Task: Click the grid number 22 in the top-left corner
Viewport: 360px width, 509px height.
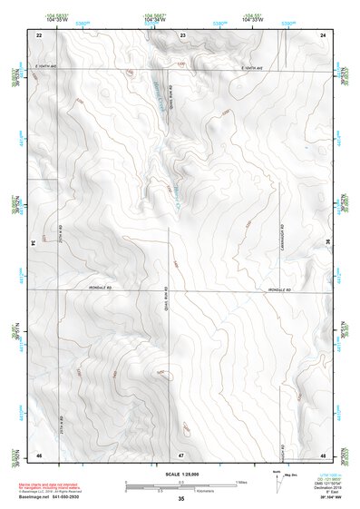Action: click(39, 34)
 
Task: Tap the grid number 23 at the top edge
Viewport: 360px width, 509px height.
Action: click(182, 34)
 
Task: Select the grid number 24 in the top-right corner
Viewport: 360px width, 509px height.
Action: click(324, 34)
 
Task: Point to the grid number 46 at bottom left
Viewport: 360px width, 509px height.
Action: click(39, 453)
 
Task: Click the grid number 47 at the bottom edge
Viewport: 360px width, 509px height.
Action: click(181, 453)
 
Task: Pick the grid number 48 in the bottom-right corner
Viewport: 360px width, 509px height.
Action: click(324, 453)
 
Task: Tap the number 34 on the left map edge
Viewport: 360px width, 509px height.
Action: click(34, 243)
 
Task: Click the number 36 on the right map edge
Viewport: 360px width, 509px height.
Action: click(328, 243)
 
